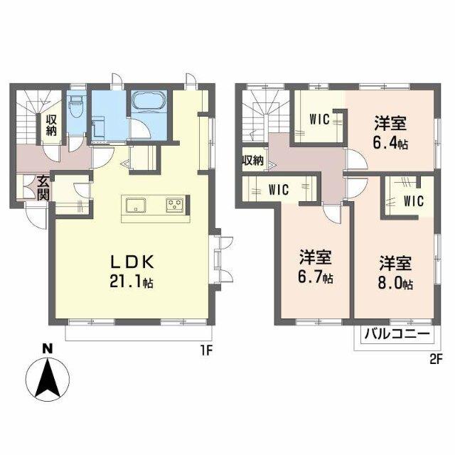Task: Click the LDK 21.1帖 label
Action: [132, 272]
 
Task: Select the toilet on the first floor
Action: [77, 107]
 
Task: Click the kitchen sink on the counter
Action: [136, 205]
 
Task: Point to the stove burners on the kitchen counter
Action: [175, 203]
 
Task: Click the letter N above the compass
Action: [48, 348]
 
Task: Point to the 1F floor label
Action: [207, 351]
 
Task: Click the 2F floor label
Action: [436, 360]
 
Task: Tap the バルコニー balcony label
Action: [397, 334]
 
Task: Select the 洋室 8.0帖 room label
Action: [395, 273]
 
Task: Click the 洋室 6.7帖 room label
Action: [316, 267]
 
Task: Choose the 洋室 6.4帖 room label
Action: [390, 133]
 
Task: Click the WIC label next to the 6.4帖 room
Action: [319, 119]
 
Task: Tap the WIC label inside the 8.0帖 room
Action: [414, 201]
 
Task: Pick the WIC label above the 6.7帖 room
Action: [279, 190]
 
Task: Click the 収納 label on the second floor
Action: [253, 160]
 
